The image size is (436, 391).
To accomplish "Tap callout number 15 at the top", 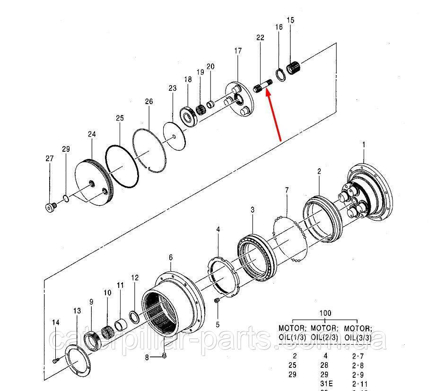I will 290,20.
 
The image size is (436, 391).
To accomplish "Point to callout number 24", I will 92,135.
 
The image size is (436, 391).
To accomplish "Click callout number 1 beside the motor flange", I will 364,144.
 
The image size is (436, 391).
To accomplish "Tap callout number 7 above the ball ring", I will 287,190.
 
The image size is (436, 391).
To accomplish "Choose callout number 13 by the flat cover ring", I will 77,311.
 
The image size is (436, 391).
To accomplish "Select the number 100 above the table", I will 325,313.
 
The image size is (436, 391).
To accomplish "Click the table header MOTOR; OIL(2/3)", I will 325,332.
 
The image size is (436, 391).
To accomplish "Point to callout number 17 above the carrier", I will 237,51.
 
